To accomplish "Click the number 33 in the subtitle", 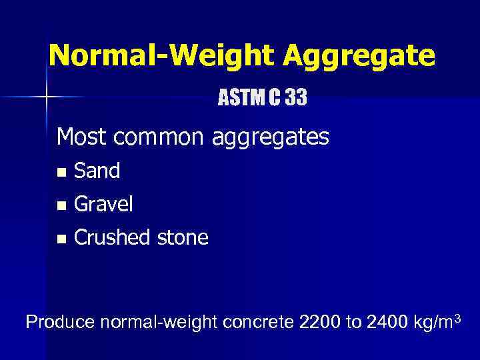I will click(296, 99).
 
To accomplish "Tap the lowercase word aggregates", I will click(271, 139).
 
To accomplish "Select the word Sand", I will click(97, 171).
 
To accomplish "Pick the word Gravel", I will click(104, 205).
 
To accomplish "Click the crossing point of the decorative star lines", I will click(47, 97).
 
